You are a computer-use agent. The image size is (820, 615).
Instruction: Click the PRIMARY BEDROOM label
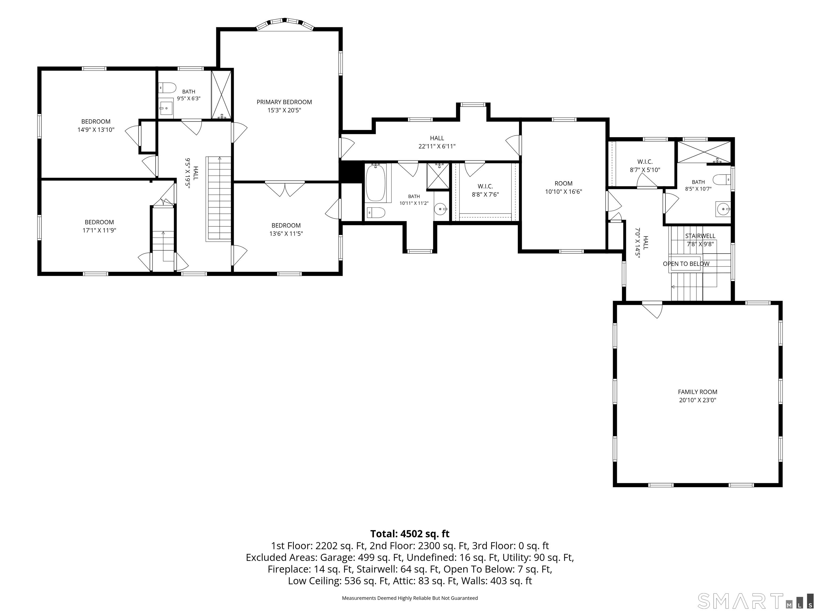[284, 102]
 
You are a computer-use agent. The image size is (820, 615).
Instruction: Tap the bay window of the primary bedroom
[285, 23]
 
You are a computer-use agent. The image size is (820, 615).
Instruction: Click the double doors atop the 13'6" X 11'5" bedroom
[285, 189]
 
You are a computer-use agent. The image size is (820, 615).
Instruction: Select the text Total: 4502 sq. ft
[410, 534]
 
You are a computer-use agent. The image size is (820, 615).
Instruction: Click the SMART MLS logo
[755, 601]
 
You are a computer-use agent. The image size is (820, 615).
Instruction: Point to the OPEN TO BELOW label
[686, 264]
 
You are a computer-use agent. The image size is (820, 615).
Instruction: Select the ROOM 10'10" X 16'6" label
[563, 188]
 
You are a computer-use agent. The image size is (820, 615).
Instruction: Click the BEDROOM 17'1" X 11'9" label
[99, 226]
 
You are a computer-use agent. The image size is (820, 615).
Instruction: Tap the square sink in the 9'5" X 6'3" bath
[167, 108]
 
